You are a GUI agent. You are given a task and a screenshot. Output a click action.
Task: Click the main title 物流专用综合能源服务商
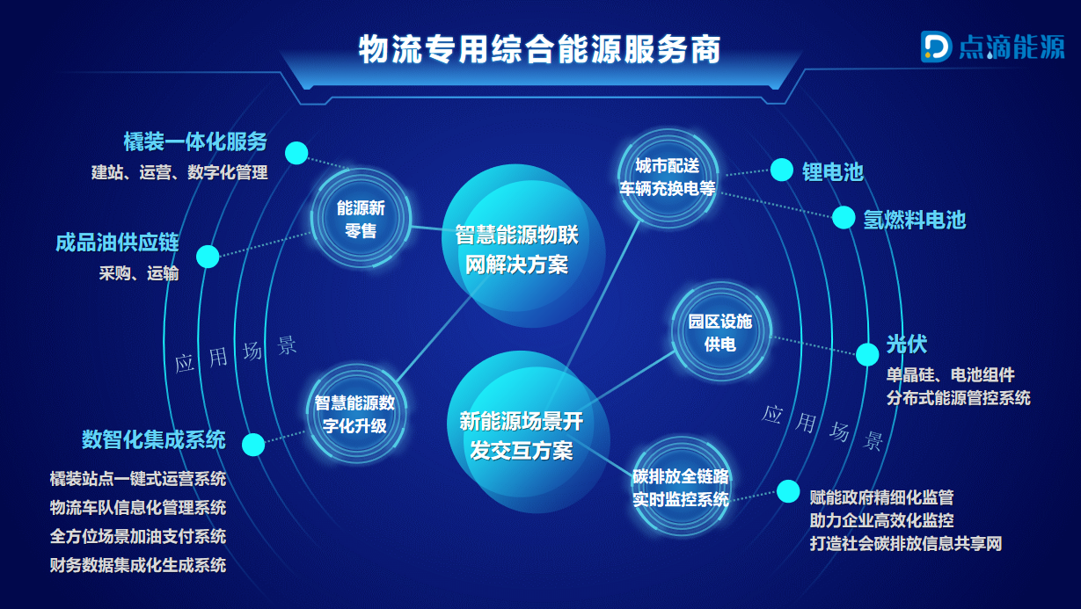coord(539,49)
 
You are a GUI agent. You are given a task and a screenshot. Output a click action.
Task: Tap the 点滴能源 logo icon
coord(936,47)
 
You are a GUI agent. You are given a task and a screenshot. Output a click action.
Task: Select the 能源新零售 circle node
coord(361,218)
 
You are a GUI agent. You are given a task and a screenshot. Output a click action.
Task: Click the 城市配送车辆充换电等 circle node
coord(668,178)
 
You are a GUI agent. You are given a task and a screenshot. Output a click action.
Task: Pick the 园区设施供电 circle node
coord(720,332)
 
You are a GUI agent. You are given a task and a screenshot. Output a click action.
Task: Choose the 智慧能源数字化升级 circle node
coord(355,414)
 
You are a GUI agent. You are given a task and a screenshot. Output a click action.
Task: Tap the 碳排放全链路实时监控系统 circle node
coord(681,487)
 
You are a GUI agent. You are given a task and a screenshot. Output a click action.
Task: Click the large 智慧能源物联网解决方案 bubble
coord(522,246)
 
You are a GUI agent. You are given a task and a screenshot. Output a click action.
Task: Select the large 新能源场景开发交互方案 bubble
coord(527,432)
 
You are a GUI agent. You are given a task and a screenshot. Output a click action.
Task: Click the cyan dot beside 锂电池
coord(781,170)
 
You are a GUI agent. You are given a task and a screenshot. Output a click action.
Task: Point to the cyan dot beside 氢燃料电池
coord(844,217)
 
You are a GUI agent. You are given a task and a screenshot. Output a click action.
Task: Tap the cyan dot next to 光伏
coord(867,354)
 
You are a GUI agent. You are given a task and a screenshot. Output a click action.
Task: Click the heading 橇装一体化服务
coord(195,141)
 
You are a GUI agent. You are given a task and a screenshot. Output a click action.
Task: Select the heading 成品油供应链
coord(117,243)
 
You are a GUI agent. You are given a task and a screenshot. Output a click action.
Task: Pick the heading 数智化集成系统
coord(153,439)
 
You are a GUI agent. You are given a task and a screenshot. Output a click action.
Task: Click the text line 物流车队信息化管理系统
coord(138,508)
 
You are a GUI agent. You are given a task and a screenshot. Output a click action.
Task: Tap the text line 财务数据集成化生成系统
coord(138,565)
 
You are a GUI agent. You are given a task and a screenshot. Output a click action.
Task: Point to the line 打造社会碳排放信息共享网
coord(906,543)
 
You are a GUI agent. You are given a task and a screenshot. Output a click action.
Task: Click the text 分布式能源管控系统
coord(959,398)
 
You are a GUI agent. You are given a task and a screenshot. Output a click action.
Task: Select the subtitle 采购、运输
coord(139,273)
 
